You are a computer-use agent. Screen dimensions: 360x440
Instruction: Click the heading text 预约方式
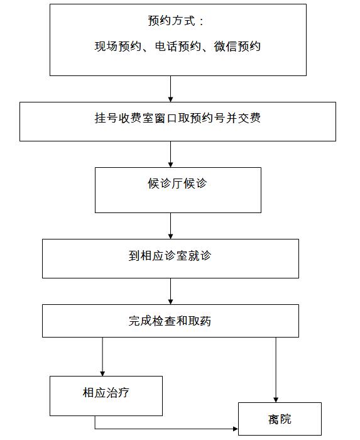[x=172, y=21]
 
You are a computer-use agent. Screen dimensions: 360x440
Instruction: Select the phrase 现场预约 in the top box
[x=118, y=47]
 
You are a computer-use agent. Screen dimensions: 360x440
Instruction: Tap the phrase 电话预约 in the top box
[x=178, y=47]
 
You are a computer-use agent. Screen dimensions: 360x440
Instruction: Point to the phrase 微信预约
[x=237, y=47]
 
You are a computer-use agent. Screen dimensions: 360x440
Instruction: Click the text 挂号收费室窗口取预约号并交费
[x=177, y=118]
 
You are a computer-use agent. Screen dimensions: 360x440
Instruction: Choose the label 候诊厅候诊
[x=177, y=184]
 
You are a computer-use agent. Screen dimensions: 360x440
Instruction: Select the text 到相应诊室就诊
[x=170, y=256]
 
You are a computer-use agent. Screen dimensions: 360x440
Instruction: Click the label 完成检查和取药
[x=170, y=321]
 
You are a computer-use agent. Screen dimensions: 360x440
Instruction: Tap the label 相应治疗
[x=106, y=392]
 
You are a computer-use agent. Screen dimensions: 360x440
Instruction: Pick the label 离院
[x=280, y=419]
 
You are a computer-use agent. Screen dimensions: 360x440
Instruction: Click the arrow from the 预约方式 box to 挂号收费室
[x=170, y=89]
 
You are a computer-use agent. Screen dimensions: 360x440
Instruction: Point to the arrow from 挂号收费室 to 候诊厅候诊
[x=170, y=154]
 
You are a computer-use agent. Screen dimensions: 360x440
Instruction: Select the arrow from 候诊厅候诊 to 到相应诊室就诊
[x=170, y=226]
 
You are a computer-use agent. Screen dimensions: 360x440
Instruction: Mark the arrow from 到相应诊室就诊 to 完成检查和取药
[x=170, y=291]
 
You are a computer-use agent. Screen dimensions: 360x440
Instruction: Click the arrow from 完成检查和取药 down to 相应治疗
[x=102, y=356]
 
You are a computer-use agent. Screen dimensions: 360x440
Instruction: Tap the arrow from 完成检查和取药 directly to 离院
[x=276, y=370]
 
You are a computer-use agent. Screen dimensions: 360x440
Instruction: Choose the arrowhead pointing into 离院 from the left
[x=235, y=429]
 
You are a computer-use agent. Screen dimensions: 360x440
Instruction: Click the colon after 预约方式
[x=201, y=21]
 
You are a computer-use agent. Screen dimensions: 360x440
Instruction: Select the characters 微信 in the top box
[x=226, y=47]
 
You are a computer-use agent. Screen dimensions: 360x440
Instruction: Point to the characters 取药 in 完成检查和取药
[x=200, y=321]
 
